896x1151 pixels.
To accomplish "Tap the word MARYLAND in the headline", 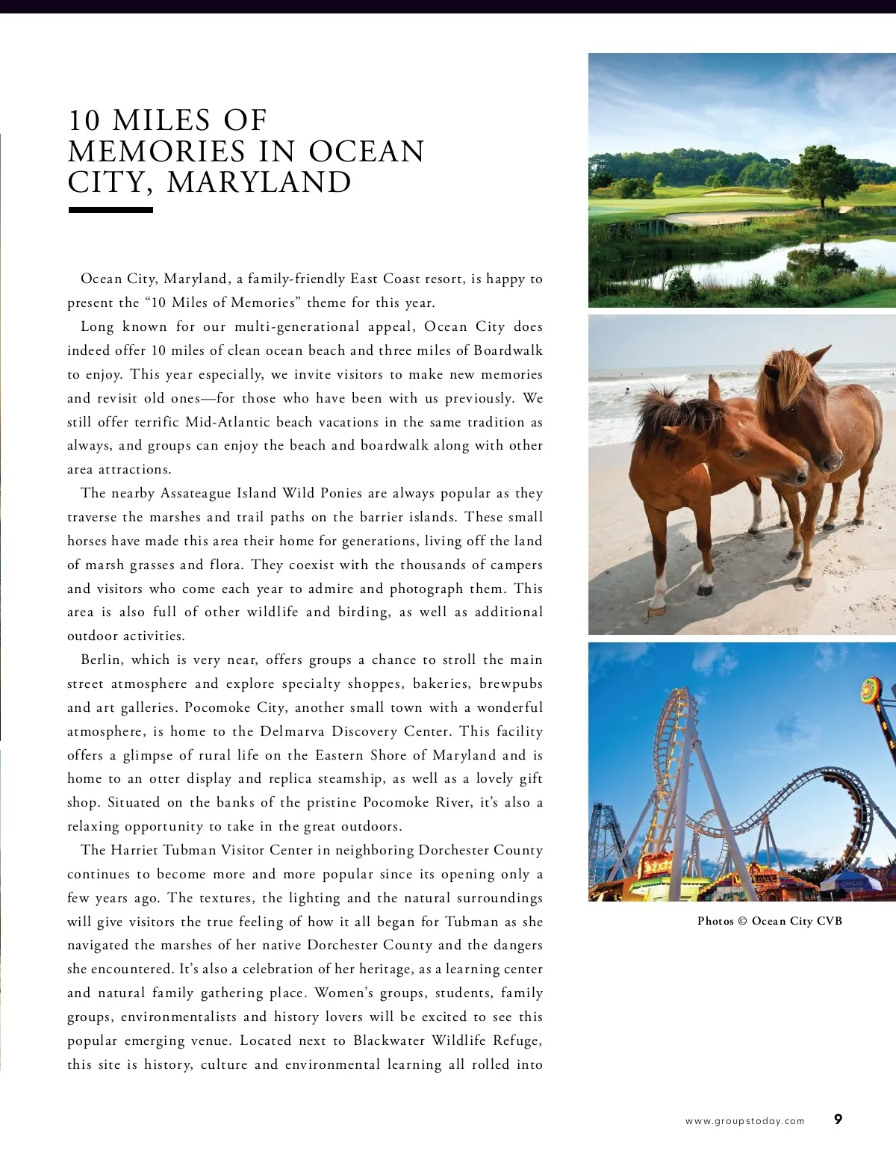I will click(x=259, y=183).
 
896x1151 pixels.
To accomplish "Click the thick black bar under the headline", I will click(x=111, y=211).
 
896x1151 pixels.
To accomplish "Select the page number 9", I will click(x=838, y=1119).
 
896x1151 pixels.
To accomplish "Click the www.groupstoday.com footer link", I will click(x=744, y=1120).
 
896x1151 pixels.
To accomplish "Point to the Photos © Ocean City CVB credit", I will click(x=769, y=921).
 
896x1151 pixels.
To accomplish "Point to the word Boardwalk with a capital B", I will click(x=508, y=350).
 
